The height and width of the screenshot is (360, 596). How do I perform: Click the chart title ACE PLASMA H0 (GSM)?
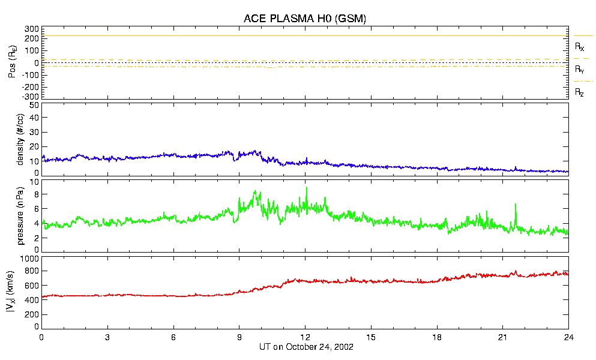pos(304,19)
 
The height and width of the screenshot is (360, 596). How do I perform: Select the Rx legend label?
pos(580,46)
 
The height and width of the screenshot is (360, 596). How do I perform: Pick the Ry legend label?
pos(580,70)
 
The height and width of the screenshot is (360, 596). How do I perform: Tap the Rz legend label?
pos(580,92)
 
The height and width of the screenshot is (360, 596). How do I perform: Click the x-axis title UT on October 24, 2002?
pos(304,347)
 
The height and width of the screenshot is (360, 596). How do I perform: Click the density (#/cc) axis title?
pos(20,139)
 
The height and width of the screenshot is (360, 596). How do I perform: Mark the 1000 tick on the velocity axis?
pos(29,259)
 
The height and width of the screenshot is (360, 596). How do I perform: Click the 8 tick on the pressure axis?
pos(36,194)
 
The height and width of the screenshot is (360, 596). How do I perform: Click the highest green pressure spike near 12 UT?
pos(307,188)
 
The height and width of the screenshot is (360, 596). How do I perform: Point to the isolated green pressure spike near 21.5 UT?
pos(515,205)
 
